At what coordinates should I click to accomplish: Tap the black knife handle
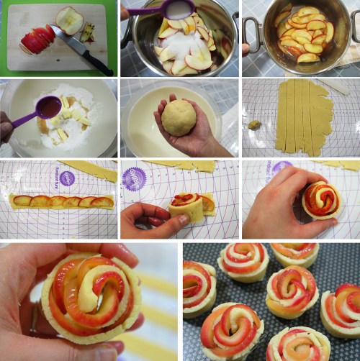pyautogui.click(x=98, y=64)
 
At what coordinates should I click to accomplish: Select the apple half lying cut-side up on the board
pyautogui.click(x=70, y=19)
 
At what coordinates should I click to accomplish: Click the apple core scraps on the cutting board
pyautogui.click(x=88, y=32)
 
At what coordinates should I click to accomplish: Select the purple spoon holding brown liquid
pyautogui.click(x=48, y=108)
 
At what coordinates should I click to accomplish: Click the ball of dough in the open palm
pyautogui.click(x=179, y=117)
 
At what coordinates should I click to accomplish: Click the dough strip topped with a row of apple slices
pyautogui.click(x=62, y=202)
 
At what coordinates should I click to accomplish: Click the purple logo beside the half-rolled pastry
pyautogui.click(x=134, y=178)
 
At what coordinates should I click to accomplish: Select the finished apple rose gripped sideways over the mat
pyautogui.click(x=322, y=199)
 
